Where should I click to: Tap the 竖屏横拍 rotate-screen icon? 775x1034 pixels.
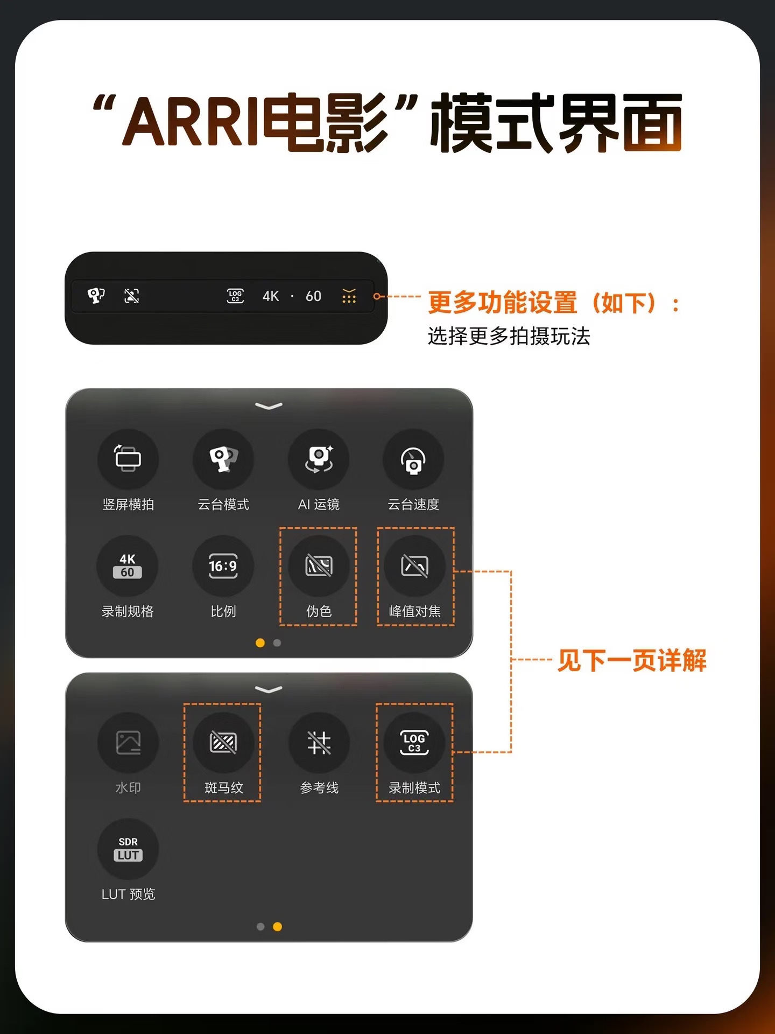tap(128, 459)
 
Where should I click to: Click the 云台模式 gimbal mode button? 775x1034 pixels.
tap(223, 459)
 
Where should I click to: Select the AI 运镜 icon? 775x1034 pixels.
tap(319, 459)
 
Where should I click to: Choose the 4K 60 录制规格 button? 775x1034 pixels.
tap(128, 565)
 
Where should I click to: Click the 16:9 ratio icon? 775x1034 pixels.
tap(223, 566)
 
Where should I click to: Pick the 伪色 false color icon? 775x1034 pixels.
tap(319, 565)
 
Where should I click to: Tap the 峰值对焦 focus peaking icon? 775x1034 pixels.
tap(414, 565)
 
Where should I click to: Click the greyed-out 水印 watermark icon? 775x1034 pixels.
tap(128, 743)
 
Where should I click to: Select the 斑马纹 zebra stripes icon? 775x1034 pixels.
tap(223, 743)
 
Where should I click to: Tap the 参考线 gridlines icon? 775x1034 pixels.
tap(319, 743)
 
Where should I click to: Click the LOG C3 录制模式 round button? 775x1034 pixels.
tap(414, 743)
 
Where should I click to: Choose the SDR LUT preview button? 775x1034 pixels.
tap(128, 849)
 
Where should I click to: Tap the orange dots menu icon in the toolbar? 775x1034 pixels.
tap(349, 296)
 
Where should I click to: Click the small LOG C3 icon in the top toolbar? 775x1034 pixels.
tap(235, 296)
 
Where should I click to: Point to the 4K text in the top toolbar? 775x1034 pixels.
tap(271, 296)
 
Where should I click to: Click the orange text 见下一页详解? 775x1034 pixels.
tap(632, 660)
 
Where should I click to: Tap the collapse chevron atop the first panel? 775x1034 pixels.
tap(269, 406)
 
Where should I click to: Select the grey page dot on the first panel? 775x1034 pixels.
tap(277, 642)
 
